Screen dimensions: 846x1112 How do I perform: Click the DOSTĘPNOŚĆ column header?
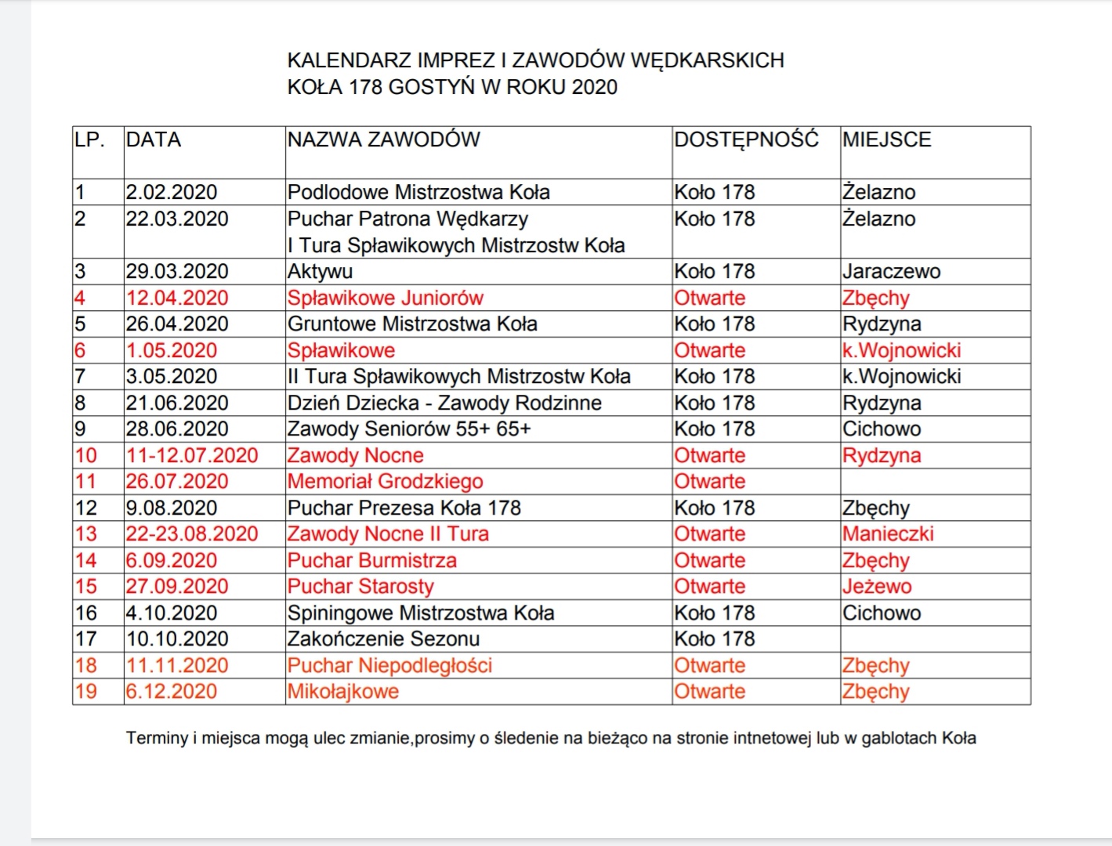(x=746, y=139)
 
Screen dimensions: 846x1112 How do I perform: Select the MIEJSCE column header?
(x=887, y=139)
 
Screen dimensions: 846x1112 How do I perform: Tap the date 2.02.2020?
(x=172, y=192)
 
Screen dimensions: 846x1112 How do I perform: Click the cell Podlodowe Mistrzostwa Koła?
(x=418, y=192)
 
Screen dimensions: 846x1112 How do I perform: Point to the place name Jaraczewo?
(x=891, y=272)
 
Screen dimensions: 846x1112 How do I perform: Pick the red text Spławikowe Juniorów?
(x=386, y=298)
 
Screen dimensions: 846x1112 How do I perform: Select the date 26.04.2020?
(x=177, y=324)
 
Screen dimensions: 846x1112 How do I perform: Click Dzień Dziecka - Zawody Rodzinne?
(x=444, y=403)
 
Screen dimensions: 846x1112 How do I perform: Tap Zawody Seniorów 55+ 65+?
(x=409, y=429)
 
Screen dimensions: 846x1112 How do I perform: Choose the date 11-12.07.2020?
(x=192, y=456)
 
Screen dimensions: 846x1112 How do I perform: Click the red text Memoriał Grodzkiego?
(x=385, y=482)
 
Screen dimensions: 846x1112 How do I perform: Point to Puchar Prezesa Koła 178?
(x=404, y=508)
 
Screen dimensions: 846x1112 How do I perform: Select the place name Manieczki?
(x=888, y=534)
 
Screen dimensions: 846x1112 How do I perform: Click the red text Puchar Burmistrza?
(x=372, y=561)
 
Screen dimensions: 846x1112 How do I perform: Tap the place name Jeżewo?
(x=877, y=587)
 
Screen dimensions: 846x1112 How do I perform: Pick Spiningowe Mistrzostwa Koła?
(x=421, y=613)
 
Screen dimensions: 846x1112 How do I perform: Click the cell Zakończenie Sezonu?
(x=383, y=639)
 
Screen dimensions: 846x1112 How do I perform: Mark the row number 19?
(x=86, y=692)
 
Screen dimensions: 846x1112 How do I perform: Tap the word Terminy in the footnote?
(x=157, y=738)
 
